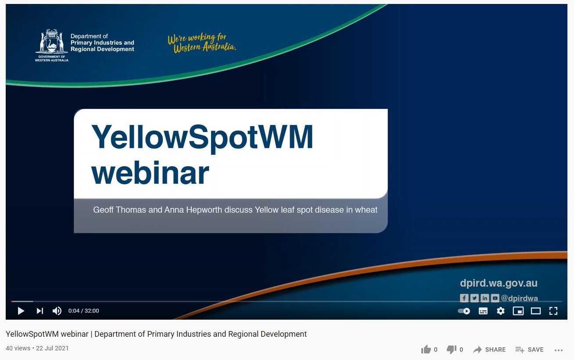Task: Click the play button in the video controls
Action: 21,311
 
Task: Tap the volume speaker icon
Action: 57,311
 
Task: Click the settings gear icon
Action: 500,311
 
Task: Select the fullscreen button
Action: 553,311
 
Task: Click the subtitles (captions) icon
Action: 483,311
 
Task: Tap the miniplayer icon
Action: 518,311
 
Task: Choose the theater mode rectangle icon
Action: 535,311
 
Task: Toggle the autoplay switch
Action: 464,311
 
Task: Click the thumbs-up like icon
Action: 426,349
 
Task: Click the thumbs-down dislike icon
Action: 452,349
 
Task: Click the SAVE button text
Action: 535,349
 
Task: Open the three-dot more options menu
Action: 558,350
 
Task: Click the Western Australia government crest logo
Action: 52,45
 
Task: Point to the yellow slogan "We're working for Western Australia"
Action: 202,43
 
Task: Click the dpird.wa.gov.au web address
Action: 499,283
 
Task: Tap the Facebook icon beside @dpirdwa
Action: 464,298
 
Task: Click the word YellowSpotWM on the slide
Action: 202,137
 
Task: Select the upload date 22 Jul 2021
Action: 52,348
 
